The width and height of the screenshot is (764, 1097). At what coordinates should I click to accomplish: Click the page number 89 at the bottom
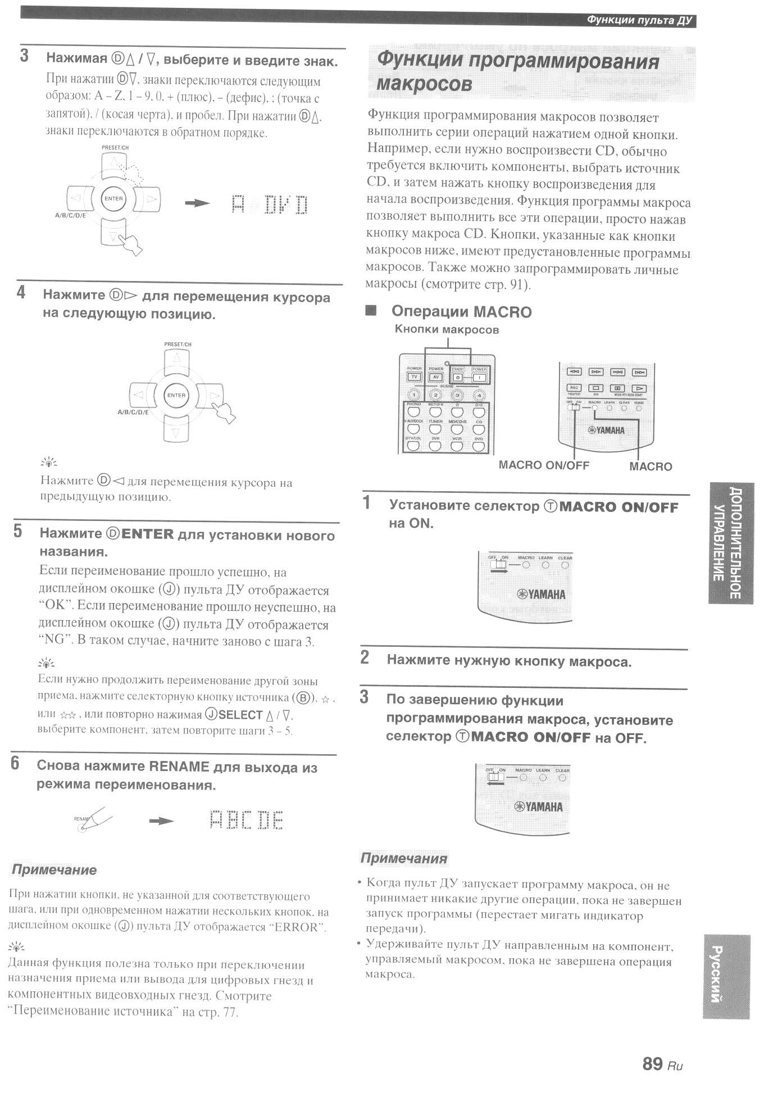pos(653,1063)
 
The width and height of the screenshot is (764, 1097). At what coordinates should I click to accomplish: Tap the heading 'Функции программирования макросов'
pos(517,71)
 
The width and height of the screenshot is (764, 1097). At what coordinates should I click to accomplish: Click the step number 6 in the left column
pos(15,764)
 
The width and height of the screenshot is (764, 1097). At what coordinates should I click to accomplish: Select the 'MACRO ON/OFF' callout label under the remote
pos(544,465)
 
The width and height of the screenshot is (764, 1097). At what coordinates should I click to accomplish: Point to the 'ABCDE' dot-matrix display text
pos(247,821)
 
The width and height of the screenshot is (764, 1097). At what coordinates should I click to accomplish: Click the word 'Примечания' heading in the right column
pos(403,858)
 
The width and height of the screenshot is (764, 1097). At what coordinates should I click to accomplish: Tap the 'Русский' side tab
pos(725,976)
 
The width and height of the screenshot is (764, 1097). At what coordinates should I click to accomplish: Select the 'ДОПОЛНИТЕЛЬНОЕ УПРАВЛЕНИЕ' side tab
pos(730,543)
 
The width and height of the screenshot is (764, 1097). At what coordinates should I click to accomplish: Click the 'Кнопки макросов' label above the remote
pos(447,330)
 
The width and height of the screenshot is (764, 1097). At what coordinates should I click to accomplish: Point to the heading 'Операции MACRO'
pos(461,312)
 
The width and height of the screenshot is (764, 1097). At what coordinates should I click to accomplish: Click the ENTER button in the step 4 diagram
pos(176,395)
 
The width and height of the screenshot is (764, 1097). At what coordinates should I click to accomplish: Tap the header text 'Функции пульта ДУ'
pos(639,21)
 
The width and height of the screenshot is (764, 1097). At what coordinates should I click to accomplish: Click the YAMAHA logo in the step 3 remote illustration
pos(539,807)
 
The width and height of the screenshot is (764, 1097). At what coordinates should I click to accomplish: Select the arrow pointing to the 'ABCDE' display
pos(161,821)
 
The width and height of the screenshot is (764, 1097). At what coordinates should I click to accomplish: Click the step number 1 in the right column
pos(367,502)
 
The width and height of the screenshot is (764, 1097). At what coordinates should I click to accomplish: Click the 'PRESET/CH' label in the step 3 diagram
pos(115,147)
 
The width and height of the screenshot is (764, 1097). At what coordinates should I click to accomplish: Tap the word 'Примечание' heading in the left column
pos(54,870)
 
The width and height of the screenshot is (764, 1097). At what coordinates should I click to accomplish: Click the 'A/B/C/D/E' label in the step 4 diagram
pos(133,412)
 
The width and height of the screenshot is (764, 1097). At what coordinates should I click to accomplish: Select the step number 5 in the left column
pos(18,531)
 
